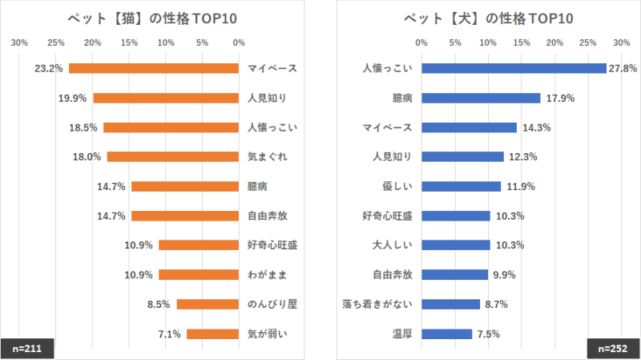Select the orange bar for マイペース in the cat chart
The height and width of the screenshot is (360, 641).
pos(154,68)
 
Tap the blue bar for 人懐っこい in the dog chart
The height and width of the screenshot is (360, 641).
pos(514,68)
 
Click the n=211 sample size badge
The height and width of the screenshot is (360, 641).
pos(27,349)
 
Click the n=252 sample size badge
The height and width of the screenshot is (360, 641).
pos(613,349)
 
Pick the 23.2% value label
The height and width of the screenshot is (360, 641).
pos(49,69)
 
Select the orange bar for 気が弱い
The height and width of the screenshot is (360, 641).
pos(212,334)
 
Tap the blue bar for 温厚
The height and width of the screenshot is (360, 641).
pos(446,334)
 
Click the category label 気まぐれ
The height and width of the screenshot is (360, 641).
pos(268,157)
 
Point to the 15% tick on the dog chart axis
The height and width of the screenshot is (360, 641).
pos(521,43)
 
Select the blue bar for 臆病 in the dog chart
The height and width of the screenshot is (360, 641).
pos(481,98)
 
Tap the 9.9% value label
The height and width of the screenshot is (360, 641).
pos(504,275)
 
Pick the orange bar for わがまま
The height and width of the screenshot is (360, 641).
pos(199,275)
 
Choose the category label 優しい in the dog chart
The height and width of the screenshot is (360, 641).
pos(397,187)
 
